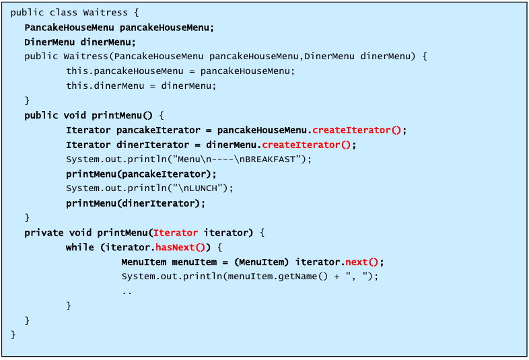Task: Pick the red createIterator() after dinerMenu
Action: tap(308, 145)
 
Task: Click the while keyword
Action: tap(79, 247)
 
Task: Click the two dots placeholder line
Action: tap(127, 291)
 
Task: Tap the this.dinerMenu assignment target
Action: tap(102, 85)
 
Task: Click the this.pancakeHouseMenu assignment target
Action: tap(124, 71)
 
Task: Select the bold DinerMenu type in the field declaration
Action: tap(49, 42)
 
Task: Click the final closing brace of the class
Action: tap(13, 334)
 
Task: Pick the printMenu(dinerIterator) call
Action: tap(135, 203)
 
